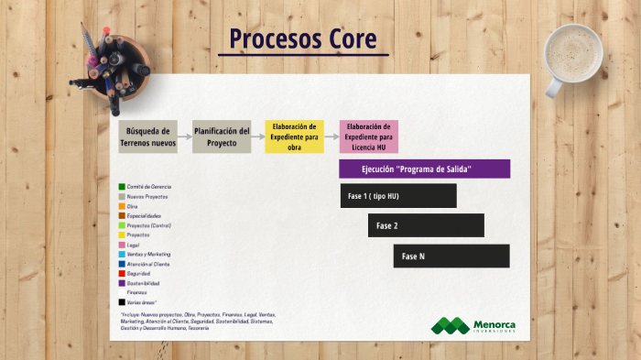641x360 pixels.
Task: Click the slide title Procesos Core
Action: click(x=302, y=39)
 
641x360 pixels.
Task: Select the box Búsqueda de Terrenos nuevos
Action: click(x=148, y=136)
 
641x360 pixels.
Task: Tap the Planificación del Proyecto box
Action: click(x=222, y=136)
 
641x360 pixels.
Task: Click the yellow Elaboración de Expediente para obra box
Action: click(x=295, y=136)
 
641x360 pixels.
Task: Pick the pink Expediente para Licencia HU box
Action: click(x=368, y=136)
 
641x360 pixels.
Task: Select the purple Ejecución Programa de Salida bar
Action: click(x=424, y=169)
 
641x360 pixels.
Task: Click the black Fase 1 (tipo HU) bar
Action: click(x=398, y=196)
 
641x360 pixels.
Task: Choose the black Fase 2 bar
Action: click(x=426, y=225)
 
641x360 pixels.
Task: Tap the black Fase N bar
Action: click(x=451, y=256)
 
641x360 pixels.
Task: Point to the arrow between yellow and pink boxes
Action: click(x=331, y=136)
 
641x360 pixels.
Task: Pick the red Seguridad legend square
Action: click(x=122, y=273)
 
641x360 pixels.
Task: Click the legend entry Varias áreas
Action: click(x=142, y=301)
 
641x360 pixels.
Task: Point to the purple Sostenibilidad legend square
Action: click(x=122, y=283)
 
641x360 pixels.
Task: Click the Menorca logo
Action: click(x=473, y=326)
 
